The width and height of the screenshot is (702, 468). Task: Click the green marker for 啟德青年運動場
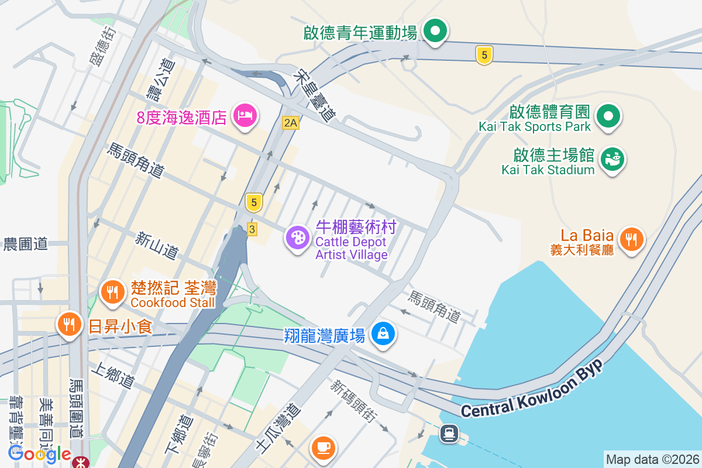point(435,30)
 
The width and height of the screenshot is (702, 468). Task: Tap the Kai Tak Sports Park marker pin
point(608,115)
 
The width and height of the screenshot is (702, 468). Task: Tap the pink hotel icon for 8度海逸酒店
point(243,115)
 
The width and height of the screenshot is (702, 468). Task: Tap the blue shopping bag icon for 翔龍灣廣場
point(383,333)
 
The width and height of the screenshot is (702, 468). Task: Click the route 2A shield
point(290,123)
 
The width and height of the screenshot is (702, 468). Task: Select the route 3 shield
point(252,229)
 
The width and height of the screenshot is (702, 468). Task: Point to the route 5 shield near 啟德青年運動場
point(484,56)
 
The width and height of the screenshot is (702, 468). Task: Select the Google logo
point(39,453)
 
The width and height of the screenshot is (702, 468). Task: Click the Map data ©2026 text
point(652,459)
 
